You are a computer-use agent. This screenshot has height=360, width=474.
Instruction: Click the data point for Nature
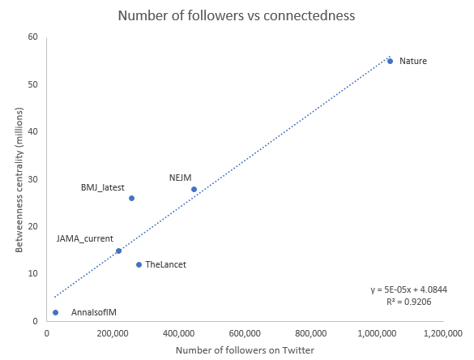(x=390, y=61)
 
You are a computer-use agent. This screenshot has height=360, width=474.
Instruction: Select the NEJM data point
(x=194, y=189)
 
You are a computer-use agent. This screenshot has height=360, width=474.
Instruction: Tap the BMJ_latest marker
(x=131, y=198)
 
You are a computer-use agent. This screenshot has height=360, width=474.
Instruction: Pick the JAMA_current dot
(x=118, y=251)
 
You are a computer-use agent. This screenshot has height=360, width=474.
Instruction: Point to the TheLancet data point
(x=139, y=264)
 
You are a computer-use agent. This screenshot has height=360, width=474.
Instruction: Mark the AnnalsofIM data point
(x=55, y=312)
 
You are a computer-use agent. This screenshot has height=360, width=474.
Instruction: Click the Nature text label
(x=413, y=61)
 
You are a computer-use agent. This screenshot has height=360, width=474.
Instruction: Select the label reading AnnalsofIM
(x=95, y=312)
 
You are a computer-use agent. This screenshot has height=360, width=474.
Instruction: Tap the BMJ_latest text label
(x=103, y=187)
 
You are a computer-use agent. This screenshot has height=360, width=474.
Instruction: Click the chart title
(x=237, y=15)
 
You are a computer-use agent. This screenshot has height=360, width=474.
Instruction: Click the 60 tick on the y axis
(x=33, y=36)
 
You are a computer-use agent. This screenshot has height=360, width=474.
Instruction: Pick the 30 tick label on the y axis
(x=33, y=179)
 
